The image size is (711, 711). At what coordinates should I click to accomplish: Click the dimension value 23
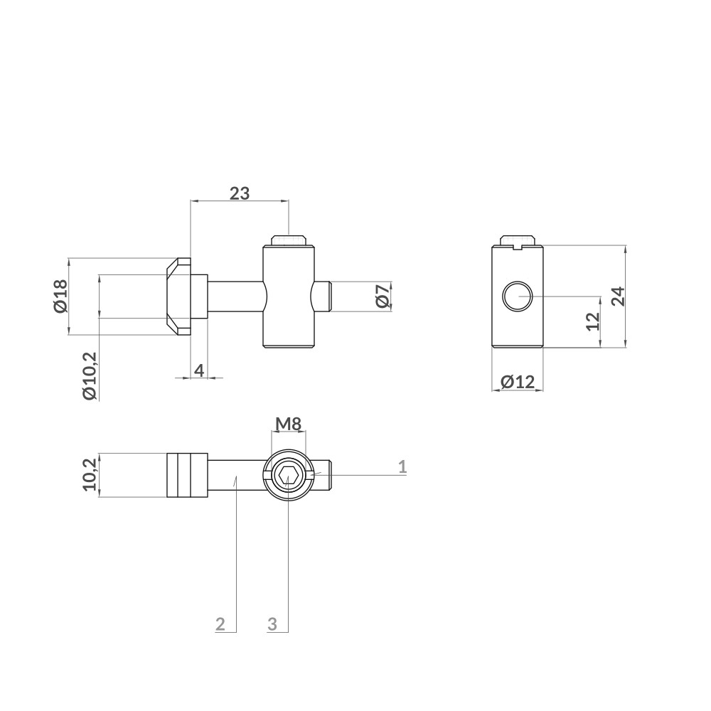coord(240,193)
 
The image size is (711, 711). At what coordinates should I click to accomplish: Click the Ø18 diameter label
coord(60,296)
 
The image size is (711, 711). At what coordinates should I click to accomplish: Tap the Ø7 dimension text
coord(382,296)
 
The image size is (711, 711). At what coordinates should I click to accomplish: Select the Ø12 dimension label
coord(517,382)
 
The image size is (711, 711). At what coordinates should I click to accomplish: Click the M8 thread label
coord(289,424)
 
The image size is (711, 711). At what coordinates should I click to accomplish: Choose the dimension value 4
coord(199,370)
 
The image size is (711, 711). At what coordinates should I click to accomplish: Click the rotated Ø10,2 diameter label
coord(90,375)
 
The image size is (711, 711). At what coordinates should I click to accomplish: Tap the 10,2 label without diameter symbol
coord(90,474)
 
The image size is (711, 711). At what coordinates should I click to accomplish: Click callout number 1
coord(402,466)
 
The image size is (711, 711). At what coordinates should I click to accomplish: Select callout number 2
coord(220,624)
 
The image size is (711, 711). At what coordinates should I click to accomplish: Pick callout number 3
coord(272,624)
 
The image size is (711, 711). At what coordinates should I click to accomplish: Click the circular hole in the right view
coord(517,296)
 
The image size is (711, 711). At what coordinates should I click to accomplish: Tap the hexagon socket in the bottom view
coord(288,476)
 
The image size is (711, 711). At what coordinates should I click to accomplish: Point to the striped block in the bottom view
coord(187,475)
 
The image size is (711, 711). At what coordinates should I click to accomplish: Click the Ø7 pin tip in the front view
coord(324,296)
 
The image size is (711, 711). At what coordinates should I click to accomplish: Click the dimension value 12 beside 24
coord(593,321)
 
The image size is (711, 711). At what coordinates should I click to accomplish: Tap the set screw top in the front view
coord(288,240)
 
